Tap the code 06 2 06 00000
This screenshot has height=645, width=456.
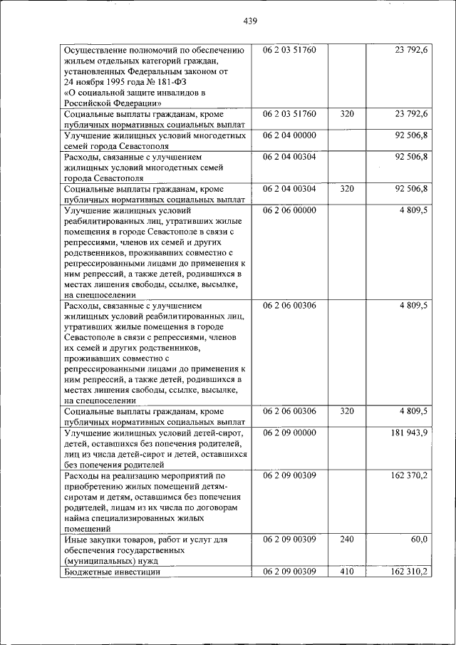pos(294,211)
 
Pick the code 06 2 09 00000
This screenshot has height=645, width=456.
pos(294,433)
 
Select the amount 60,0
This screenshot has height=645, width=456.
pos(418,540)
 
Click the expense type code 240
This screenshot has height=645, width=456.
pos(346,540)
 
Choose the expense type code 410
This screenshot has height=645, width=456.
pos(346,572)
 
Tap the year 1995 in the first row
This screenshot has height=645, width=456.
pos(115,82)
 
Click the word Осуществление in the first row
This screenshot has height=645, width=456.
pos(98,51)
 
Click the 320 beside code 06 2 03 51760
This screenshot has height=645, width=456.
pos(346,113)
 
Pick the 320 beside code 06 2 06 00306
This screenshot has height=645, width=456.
pos(346,411)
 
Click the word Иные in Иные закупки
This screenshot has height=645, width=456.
pos(76,540)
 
